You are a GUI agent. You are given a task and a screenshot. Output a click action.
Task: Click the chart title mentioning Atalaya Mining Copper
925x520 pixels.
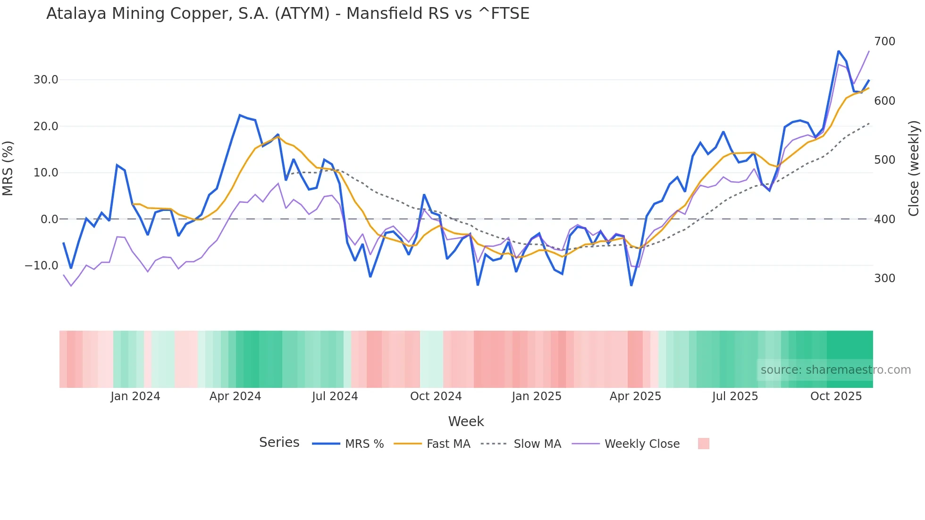pos(288,14)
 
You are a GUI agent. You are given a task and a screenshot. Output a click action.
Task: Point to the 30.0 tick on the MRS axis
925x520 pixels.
pos(46,80)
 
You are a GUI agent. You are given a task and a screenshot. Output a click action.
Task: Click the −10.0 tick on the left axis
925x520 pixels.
pos(42,266)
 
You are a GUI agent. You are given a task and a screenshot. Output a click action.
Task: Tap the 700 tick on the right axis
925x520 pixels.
pos(884,42)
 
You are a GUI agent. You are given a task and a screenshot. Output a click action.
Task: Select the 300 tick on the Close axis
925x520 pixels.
pos(884,278)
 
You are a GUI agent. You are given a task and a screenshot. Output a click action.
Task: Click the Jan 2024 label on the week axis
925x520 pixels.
pos(135,396)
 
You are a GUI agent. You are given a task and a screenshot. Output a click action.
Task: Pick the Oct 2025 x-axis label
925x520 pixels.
pos(836,396)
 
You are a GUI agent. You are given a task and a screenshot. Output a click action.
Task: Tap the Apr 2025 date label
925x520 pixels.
pos(635,396)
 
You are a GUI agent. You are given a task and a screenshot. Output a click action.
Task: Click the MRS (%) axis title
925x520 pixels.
pos(8,168)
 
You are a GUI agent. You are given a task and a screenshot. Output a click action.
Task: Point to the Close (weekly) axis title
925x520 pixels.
pos(914,168)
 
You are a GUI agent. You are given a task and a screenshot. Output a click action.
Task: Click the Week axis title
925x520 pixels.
pos(466,421)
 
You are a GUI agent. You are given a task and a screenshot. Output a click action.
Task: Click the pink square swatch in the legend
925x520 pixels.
pos(703,444)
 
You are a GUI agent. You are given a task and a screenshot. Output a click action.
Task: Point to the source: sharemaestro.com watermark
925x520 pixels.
pos(835,370)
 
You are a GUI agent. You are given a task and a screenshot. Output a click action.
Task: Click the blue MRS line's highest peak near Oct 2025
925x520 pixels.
pos(839,51)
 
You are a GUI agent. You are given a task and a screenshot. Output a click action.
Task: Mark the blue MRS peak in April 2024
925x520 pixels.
pos(240,115)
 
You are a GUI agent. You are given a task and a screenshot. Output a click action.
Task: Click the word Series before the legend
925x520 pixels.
pos(279,443)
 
